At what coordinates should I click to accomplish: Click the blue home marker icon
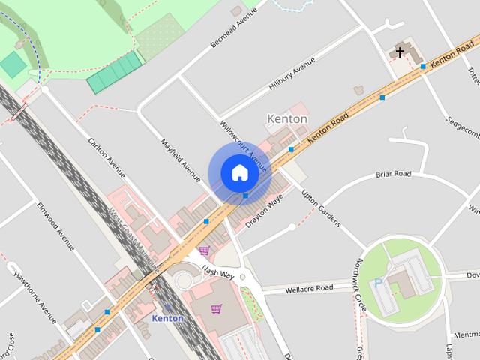pos(239,173)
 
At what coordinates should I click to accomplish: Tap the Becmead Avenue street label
pos(234,28)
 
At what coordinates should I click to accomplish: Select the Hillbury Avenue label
pos(295,76)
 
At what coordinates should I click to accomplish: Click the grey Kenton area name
pos(287,119)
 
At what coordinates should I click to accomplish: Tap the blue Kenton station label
pos(167,318)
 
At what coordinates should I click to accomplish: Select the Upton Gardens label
pos(321,208)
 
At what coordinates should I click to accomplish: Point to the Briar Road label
pos(393,175)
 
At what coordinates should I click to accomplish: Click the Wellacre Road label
pos(308,287)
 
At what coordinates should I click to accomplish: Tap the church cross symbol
pos(400,52)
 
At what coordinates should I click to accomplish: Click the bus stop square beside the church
pos(424,67)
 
